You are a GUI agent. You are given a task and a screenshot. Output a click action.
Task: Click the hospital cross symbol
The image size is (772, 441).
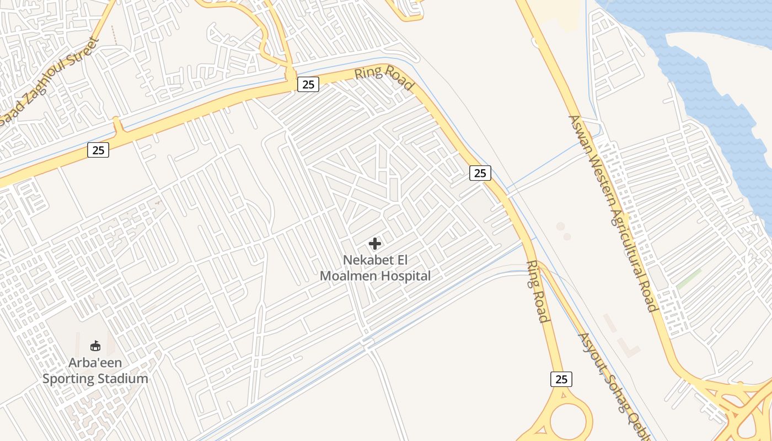coord(375,243)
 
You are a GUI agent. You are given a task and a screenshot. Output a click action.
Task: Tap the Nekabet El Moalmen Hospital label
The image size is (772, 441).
coord(375,268)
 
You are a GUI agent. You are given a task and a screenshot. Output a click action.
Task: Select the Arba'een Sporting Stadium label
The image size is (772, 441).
coord(95,371)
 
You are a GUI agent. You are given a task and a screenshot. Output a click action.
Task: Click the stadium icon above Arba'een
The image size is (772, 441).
coord(95,346)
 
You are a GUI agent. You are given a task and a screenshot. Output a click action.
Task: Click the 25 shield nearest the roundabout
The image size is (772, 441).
coord(561,379)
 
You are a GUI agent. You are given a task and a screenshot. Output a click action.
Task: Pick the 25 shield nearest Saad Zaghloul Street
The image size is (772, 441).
coord(98,149)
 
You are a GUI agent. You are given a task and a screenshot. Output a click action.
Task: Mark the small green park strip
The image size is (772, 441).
coord(689,279)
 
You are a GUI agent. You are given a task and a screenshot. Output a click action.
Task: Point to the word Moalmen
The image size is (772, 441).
coord(346,276)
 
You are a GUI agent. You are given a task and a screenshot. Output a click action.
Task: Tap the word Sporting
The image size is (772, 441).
coord(68,379)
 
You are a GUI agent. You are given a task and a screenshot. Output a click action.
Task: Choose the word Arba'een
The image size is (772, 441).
coord(95,363)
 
